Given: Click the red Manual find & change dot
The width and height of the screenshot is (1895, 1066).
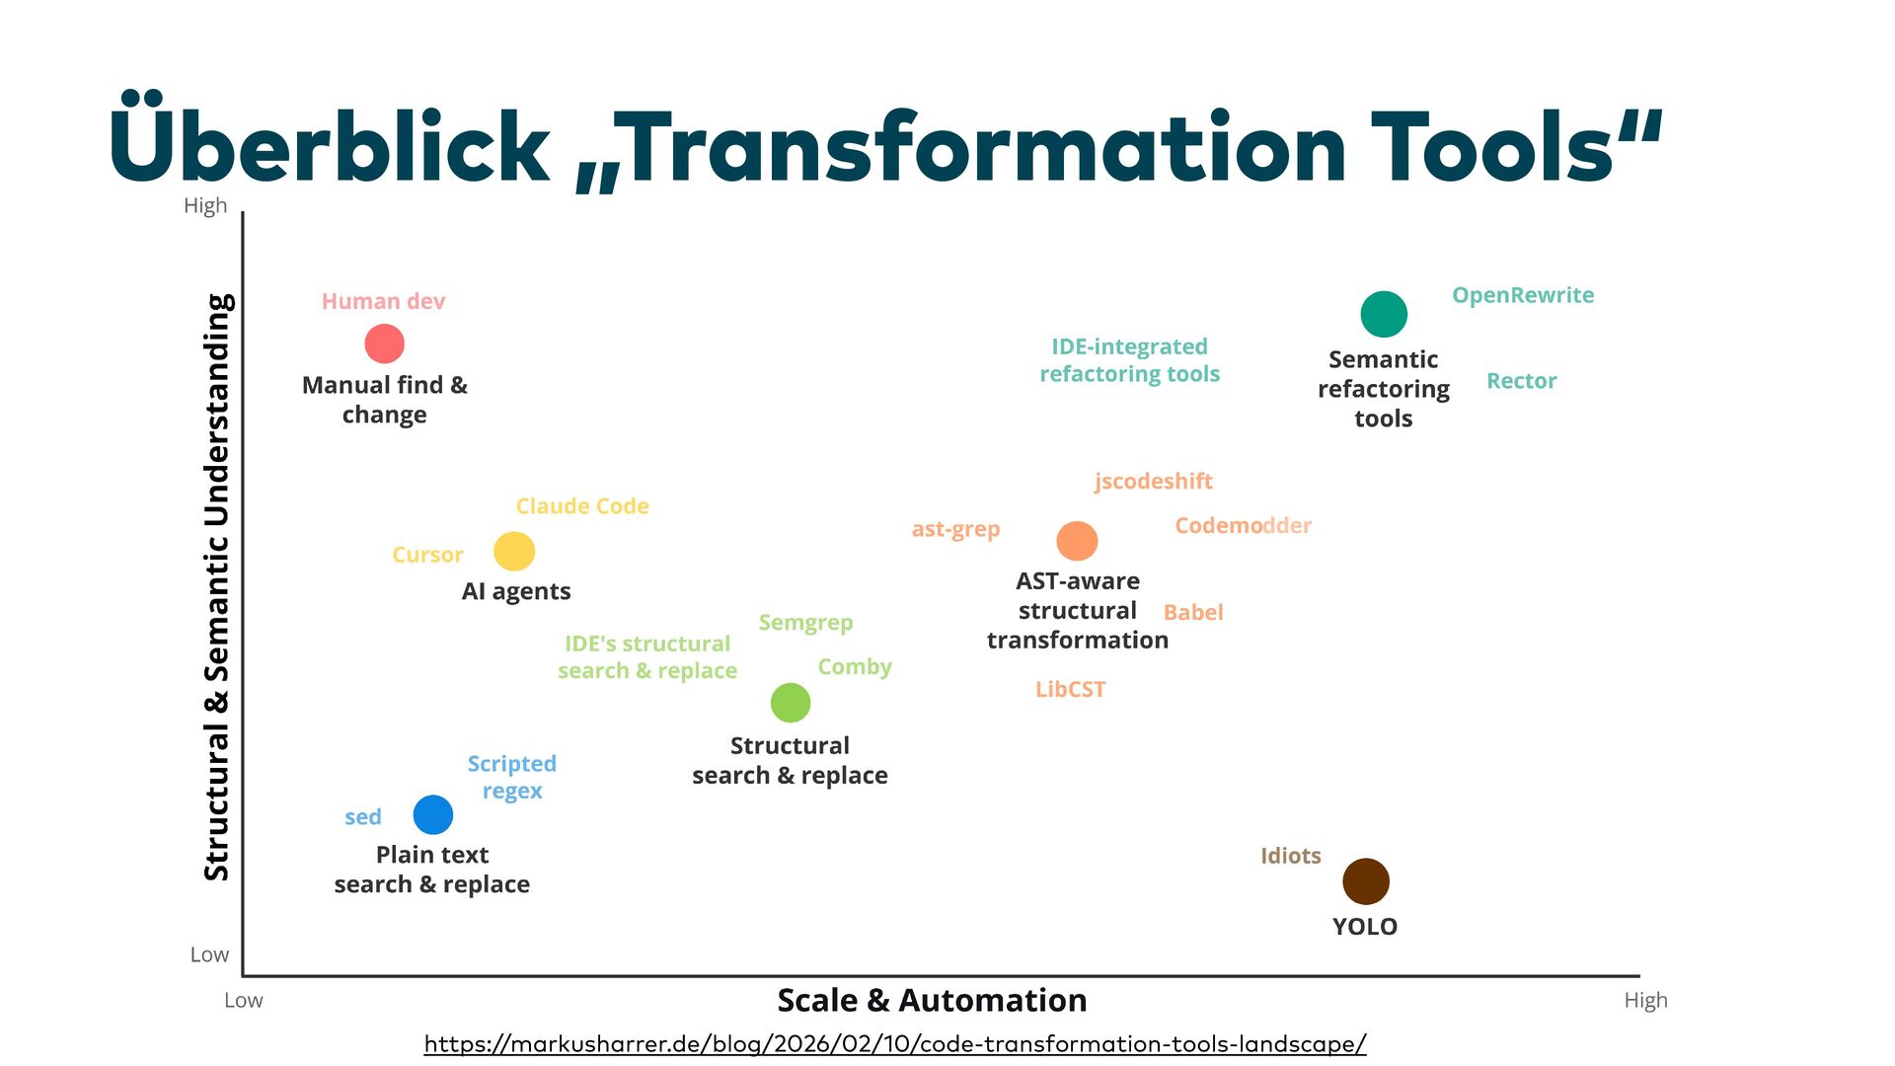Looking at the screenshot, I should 384,343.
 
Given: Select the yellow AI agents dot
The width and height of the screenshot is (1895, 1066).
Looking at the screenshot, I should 514,551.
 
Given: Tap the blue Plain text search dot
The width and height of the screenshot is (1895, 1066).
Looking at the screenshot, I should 432,815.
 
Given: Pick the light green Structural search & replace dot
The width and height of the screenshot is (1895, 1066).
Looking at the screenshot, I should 791,703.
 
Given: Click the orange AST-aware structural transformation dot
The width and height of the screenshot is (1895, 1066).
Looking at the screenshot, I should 1077,541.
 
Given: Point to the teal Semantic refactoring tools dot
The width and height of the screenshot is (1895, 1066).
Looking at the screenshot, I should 1384,315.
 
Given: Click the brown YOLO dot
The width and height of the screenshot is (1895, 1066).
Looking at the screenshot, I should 1366,881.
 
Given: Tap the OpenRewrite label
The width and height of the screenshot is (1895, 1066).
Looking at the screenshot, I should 1523,295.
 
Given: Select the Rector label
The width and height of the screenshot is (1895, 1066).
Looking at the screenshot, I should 1521,381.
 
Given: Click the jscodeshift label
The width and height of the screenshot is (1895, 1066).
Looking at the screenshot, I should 1153,482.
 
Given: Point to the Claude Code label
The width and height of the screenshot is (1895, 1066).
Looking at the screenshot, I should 582,506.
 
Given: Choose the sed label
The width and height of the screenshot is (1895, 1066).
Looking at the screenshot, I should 363,817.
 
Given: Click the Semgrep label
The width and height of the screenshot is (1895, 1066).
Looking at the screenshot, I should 805,623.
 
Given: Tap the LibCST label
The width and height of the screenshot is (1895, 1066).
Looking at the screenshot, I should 1070,690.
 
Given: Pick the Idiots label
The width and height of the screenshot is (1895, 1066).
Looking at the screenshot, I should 1290,856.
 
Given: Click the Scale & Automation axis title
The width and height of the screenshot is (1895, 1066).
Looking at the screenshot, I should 932,1000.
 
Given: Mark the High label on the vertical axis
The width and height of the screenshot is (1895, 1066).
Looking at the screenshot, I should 205,205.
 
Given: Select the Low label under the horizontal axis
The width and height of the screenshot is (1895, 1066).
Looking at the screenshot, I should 243,1000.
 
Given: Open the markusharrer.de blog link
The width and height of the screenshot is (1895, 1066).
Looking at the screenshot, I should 895,1043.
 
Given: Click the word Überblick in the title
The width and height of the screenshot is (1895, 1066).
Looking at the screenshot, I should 330,146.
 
